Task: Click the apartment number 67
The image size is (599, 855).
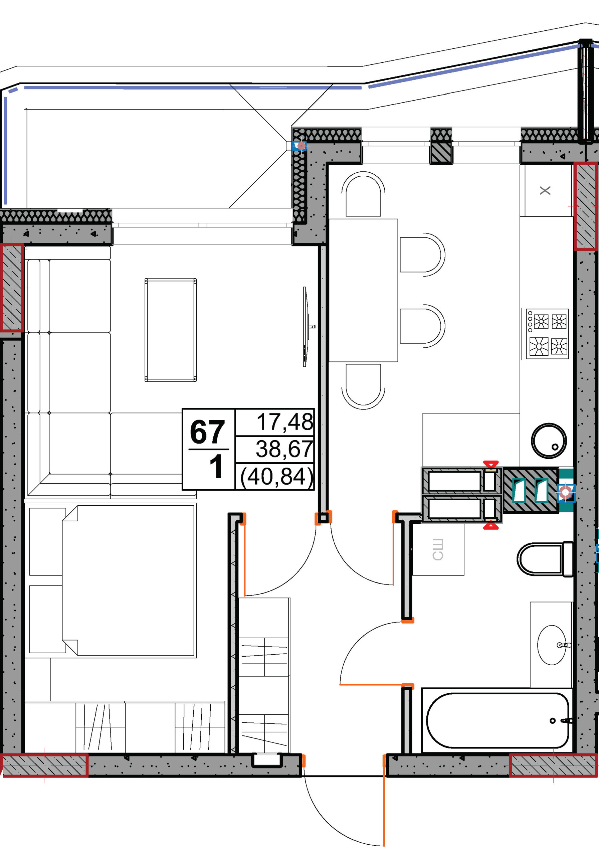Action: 207,432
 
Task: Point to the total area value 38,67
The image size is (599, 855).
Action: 284,449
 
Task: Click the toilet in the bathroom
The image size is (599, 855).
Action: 545,559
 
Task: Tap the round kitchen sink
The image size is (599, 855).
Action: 549,441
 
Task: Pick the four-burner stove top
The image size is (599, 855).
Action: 547,334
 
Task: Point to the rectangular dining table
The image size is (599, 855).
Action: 363,290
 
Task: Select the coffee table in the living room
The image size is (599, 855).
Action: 171,330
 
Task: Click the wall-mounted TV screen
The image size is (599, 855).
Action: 306,327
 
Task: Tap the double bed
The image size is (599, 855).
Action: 129,580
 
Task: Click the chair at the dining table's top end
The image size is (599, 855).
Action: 363,194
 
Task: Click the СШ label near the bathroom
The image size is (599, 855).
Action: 438,550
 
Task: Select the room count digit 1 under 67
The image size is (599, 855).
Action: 216,466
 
